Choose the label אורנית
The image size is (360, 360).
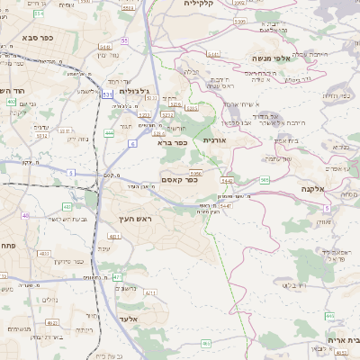[x=219, y=140]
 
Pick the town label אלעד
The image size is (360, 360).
[x=126, y=319]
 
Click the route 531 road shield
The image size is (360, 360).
[x=107, y=94]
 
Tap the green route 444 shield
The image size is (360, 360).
[x=109, y=133]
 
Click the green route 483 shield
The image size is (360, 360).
[x=67, y=206]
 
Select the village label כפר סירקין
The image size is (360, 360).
[x=66, y=261]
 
